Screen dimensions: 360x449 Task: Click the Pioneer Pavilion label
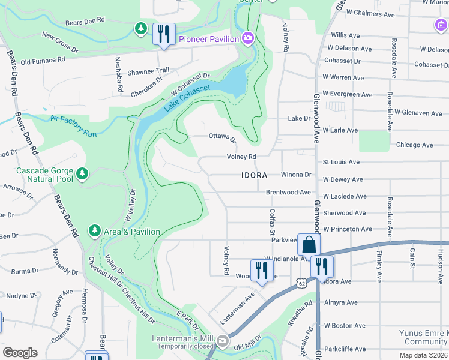(209, 39)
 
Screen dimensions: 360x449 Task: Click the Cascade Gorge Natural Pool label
(44, 175)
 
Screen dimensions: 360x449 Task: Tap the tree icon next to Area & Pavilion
(94, 231)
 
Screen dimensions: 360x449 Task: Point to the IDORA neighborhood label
(258, 176)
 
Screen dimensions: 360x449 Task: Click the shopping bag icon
(309, 244)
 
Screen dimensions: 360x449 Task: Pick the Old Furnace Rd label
(43, 61)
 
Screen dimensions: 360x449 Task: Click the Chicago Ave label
(414, 145)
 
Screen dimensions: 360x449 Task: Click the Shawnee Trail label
(143, 71)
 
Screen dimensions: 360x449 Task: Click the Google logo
(20, 353)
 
